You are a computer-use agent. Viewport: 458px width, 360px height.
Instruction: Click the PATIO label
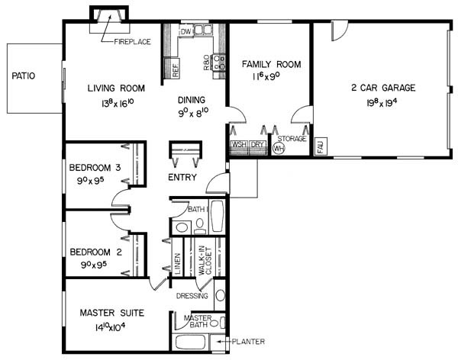point(24,76)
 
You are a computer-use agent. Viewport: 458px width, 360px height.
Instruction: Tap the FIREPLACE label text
point(132,42)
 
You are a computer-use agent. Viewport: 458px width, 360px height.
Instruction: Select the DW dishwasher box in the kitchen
point(185,31)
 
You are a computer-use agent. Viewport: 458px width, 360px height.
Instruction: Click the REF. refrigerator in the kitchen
point(173,68)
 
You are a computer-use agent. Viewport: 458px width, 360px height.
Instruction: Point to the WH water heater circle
point(279,148)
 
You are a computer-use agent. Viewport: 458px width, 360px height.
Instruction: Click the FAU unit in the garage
point(321,146)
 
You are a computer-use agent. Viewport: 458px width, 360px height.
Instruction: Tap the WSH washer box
point(240,144)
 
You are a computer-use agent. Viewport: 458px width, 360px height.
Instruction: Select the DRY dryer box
point(257,144)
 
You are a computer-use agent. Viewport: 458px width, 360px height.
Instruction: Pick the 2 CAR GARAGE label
point(383,88)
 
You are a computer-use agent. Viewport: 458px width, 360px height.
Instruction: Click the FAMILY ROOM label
point(271,64)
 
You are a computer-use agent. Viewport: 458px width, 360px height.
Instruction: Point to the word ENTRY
point(182,177)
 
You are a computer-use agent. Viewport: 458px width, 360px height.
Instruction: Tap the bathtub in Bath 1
point(217,216)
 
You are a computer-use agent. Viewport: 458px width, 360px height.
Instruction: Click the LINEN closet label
point(177,264)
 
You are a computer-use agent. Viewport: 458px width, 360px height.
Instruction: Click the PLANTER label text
point(248,342)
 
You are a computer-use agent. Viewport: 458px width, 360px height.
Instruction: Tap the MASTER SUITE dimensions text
point(110,326)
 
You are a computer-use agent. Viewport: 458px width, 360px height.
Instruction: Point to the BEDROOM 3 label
point(95,168)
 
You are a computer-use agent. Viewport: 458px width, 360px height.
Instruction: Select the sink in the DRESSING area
point(220,295)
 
